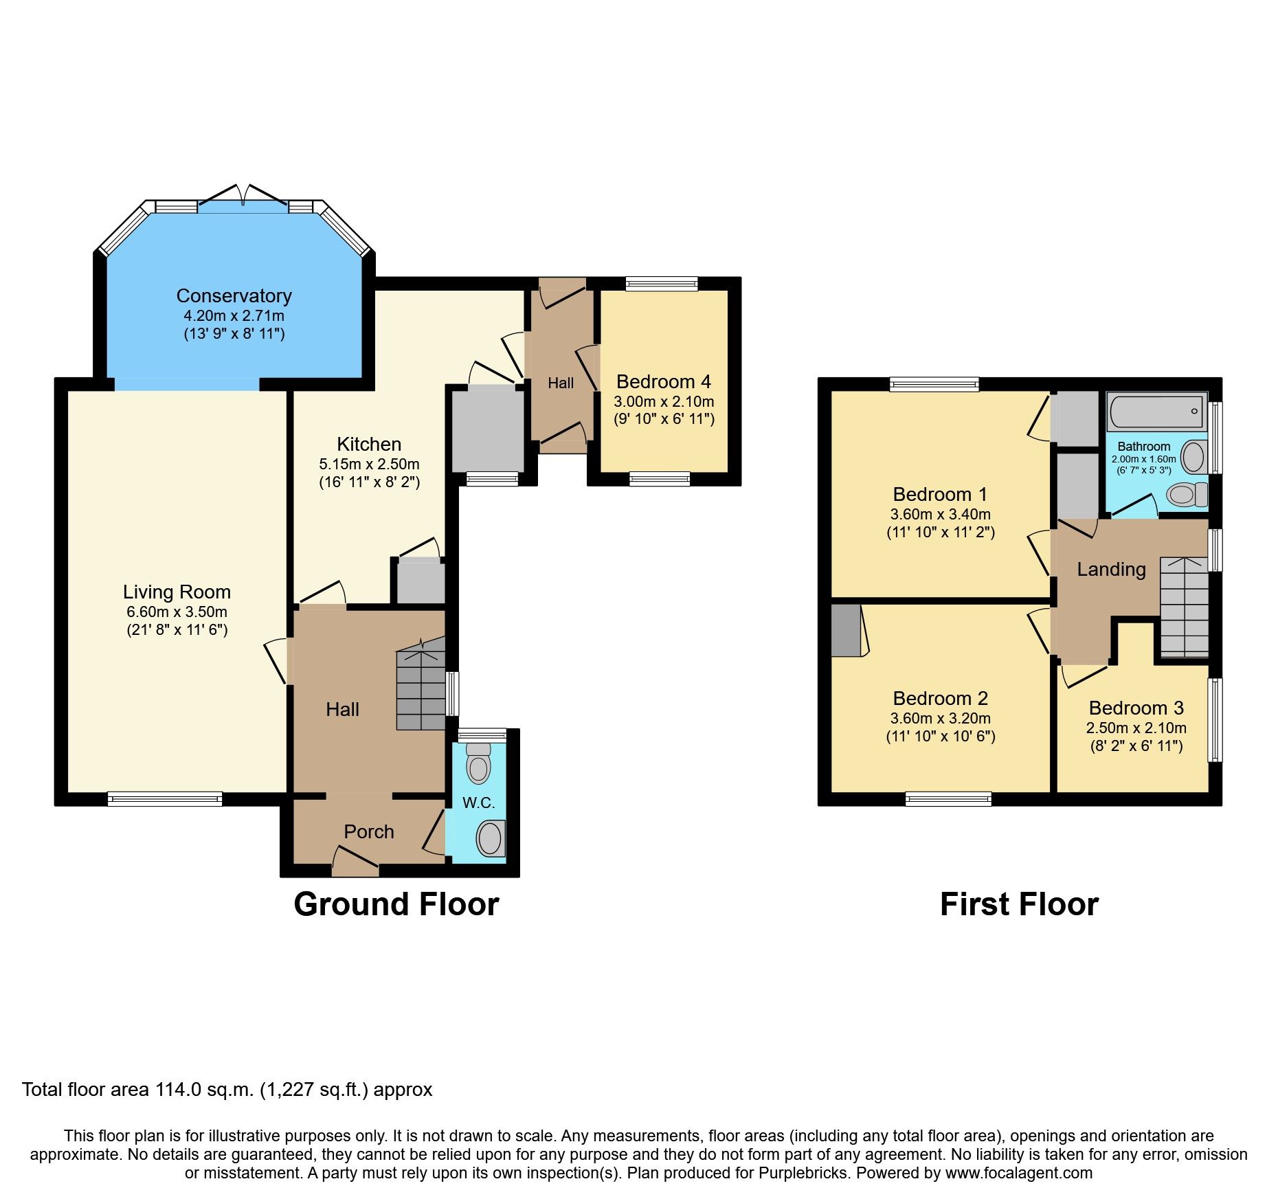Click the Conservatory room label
point(234,295)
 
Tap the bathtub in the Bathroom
point(1156,412)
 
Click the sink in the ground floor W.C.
point(490,838)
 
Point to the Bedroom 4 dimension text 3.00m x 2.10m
point(663,401)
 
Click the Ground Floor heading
point(396,904)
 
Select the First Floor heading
point(1018,904)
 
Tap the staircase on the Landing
point(1184,607)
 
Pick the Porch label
point(368,831)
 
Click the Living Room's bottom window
point(165,798)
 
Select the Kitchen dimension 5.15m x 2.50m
point(369,464)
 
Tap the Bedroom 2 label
point(940,698)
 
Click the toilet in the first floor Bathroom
point(1187,495)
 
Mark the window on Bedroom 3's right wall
point(1215,719)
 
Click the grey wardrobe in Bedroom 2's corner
point(846,629)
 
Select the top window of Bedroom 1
point(934,384)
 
